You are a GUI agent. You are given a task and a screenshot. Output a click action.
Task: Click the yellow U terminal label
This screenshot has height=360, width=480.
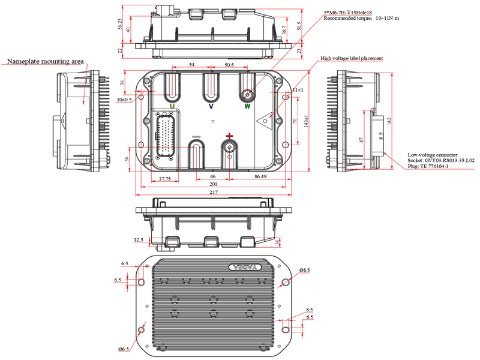click(x=172, y=106)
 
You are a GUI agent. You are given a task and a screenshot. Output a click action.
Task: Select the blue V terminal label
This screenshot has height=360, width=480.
click(x=211, y=106)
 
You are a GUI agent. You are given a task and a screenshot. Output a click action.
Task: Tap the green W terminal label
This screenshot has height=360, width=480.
click(x=247, y=106)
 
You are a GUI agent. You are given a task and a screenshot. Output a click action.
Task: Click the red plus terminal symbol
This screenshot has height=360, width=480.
click(x=229, y=136)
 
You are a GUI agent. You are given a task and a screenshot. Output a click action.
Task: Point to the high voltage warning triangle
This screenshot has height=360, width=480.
click(x=264, y=120)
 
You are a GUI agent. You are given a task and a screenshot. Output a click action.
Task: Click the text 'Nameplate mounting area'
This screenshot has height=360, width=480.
click(x=44, y=61)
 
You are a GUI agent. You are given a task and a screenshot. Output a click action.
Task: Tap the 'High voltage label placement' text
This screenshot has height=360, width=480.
click(x=351, y=58)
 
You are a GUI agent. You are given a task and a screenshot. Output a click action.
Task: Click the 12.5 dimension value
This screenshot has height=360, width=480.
click(x=139, y=239)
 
